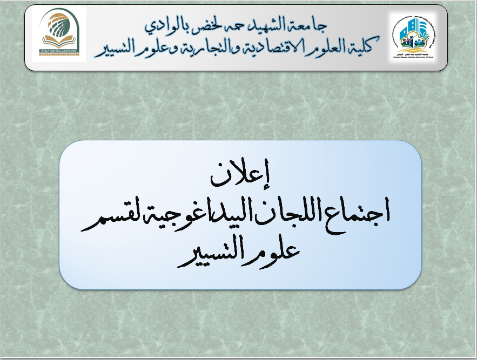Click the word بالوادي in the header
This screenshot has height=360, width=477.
click(x=165, y=25)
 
